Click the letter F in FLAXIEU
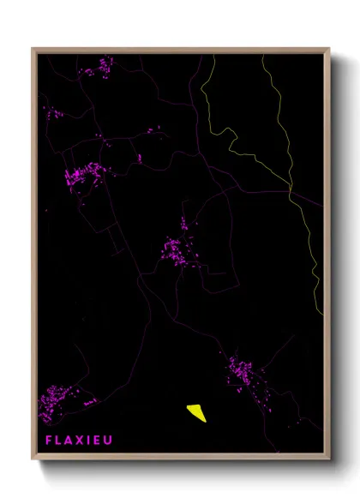(x=50, y=440)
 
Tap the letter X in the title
(x=82, y=440)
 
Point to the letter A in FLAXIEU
(x=71, y=440)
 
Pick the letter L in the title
(x=60, y=440)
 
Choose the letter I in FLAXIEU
(x=91, y=440)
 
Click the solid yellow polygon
(x=196, y=412)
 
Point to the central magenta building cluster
(x=177, y=249)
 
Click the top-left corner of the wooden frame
(x=33, y=49)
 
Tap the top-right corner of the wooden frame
(x=329, y=49)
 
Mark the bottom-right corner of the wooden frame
(x=329, y=461)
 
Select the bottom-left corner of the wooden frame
(x=33, y=461)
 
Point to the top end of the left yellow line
(x=214, y=54)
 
